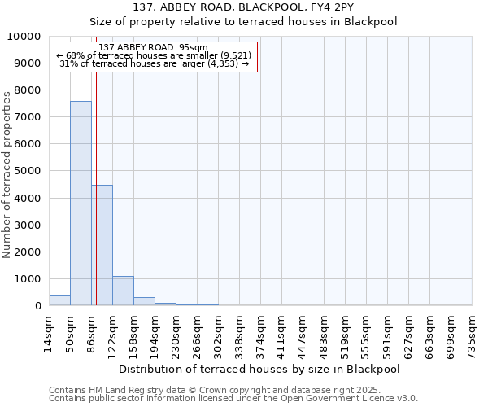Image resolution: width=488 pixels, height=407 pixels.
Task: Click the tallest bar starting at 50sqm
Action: tap(81, 203)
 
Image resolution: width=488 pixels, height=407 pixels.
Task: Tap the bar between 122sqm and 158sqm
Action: tap(123, 291)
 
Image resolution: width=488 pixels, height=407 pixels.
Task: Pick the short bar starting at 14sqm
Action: tap(59, 300)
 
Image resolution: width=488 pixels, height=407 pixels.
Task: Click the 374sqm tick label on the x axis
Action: tap(260, 334)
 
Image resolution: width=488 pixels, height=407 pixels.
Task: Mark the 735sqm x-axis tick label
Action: tap(472, 334)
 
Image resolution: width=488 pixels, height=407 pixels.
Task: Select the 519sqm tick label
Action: tap(345, 334)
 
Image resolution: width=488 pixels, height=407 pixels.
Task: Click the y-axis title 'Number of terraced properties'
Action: tap(7, 174)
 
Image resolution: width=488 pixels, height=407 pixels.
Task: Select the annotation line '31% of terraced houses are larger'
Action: tap(154, 63)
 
